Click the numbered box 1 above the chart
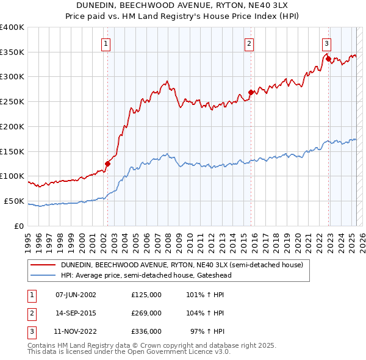pyautogui.click(x=106, y=43)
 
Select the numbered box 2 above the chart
pyautogui.click(x=249, y=43)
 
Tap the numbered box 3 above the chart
pyautogui.click(x=327, y=43)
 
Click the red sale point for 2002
pyautogui.click(x=108, y=164)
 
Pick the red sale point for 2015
pyautogui.click(x=251, y=93)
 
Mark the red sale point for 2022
pyautogui.click(x=328, y=59)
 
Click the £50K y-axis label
pyautogui.click(x=15, y=201)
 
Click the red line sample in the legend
pyautogui.click(x=43, y=265)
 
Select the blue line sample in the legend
pyautogui.click(x=43, y=275)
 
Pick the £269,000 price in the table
pyautogui.click(x=146, y=313)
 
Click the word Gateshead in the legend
pyautogui.click(x=213, y=275)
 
